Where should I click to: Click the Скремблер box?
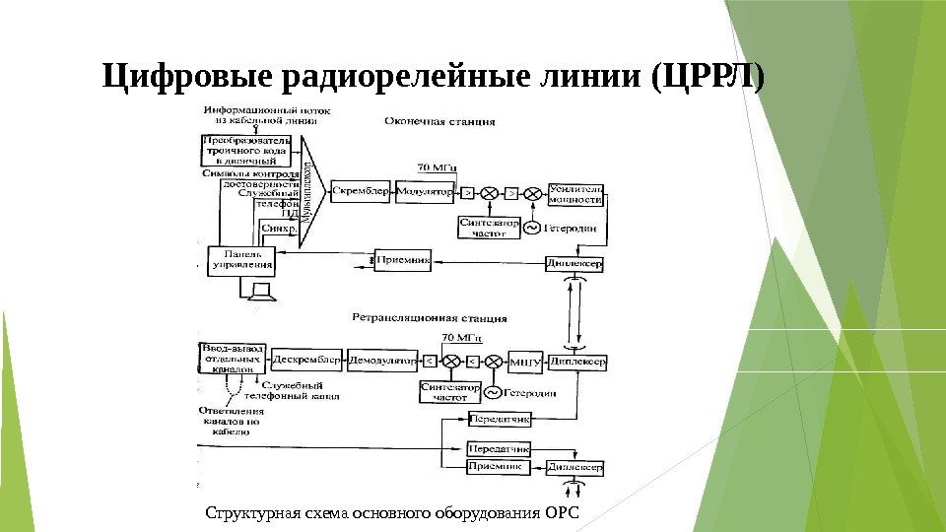coord(360,191)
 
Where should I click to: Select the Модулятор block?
coord(425,191)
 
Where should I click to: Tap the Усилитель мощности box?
coord(576,193)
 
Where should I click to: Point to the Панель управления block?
coord(241,259)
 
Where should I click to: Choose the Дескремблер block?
coord(307,362)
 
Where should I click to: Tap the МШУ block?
coord(525,363)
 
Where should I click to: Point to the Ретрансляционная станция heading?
coord(430,318)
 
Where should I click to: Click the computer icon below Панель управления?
coord(261,291)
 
